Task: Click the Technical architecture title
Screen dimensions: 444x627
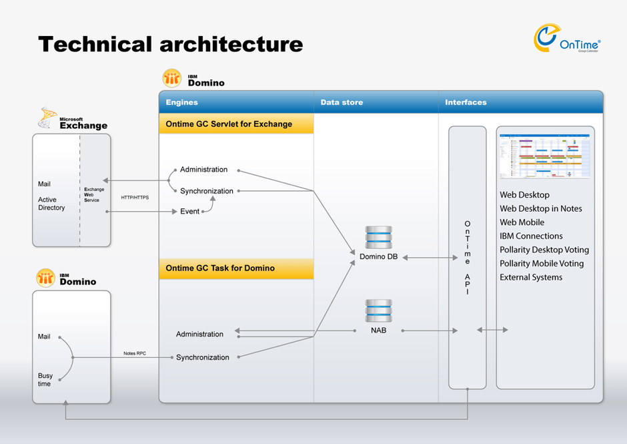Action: coord(171,44)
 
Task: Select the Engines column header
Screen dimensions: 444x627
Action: coord(182,103)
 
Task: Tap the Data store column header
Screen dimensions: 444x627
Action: coord(342,103)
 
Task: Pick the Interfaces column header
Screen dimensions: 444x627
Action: coord(466,103)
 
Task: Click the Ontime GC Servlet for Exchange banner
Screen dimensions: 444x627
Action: coord(229,124)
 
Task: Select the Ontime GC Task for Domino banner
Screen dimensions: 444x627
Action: coord(220,268)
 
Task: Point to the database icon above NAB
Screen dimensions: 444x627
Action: coord(378,312)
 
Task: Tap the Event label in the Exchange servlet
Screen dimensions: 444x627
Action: coord(189,212)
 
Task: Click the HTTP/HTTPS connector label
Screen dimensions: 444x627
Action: coord(135,198)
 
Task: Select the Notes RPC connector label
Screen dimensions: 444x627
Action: coord(135,353)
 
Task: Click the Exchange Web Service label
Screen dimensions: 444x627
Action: coord(93,195)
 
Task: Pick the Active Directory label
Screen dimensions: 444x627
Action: coord(51,204)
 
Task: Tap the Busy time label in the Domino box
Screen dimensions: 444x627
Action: coord(45,380)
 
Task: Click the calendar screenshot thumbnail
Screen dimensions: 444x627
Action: coord(545,156)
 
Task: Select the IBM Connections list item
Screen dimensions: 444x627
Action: coord(531,236)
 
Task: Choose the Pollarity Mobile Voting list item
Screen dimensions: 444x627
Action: coord(542,264)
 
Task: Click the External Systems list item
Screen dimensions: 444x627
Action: coord(531,278)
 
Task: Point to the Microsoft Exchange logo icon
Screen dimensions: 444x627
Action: coord(49,118)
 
